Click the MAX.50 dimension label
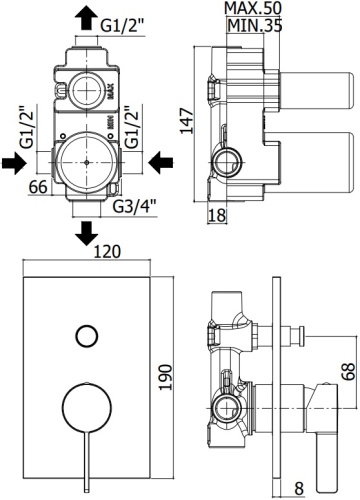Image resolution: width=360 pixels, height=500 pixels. tap(253, 8)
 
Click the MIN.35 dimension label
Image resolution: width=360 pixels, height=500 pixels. tap(254, 25)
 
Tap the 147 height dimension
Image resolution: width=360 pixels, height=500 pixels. tap(187, 121)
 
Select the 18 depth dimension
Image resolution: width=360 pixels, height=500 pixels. tap(217, 215)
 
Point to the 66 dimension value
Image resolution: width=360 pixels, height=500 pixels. tap(38, 187)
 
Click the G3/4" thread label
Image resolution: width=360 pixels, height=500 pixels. tap(135, 207)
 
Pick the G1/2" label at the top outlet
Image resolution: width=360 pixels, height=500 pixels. tap(123, 25)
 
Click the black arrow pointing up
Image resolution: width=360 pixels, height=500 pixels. tap(87, 20)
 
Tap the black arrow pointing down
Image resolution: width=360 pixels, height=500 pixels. tap(87, 233)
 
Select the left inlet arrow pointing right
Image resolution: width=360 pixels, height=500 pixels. tap(14, 163)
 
